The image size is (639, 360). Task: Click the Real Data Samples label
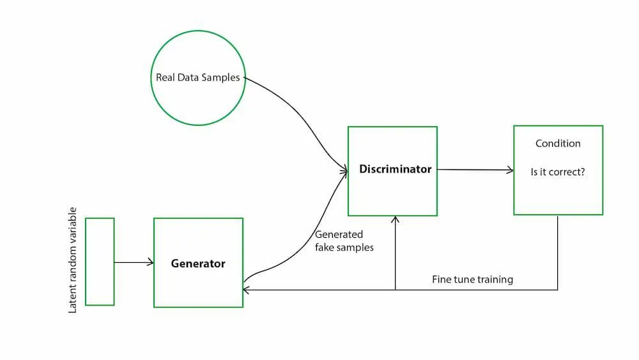198,77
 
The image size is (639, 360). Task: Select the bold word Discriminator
395,169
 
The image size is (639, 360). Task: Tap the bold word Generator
198,263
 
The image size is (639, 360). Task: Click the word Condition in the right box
558,143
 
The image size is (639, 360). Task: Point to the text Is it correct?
558,172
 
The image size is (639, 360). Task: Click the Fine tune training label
472,279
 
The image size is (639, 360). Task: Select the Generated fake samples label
344,240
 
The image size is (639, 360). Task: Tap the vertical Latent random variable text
72,260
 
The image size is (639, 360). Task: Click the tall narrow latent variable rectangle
100,262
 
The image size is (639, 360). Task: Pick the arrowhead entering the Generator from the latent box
151,262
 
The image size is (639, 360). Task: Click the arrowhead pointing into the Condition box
511,170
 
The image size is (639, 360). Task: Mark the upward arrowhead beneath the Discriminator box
396,219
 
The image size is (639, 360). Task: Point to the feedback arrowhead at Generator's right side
246,290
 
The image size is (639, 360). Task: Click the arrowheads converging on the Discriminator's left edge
344,170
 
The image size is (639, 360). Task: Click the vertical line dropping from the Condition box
558,253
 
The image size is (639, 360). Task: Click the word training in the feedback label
494,279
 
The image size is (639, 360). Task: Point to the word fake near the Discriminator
325,247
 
